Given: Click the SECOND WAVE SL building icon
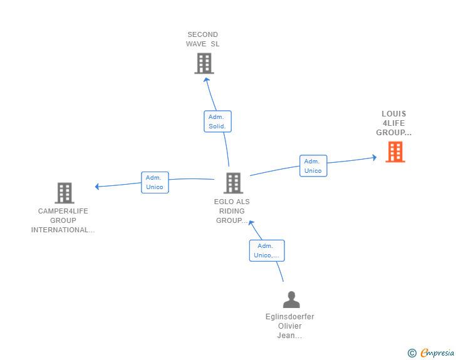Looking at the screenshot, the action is point(204,63).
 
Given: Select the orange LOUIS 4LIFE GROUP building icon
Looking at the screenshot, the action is point(395,152).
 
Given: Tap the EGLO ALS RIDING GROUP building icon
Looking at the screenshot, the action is point(233,183).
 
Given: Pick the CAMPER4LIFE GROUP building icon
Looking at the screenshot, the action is point(65,193).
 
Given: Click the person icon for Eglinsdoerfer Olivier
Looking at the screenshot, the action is point(291,299).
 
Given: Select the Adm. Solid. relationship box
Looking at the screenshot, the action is point(217,121).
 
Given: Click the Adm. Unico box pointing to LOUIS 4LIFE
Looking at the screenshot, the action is point(313,166).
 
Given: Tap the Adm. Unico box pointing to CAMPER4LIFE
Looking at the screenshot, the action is point(155,182).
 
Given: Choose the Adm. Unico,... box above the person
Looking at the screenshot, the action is point(267,250).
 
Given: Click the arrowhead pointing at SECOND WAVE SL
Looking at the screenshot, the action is point(206,80).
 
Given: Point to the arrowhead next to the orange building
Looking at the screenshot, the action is point(375,157).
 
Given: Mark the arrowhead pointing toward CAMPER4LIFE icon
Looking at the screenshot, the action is point(97,187).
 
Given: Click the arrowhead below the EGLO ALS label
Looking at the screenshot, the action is point(251,223).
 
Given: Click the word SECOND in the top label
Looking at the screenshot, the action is point(203,34).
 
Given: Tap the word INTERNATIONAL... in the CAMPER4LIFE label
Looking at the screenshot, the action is point(63,230).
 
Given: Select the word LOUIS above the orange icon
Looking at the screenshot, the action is point(394,114).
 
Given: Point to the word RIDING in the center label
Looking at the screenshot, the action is point(232,211).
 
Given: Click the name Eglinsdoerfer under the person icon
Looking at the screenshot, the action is point(289,317).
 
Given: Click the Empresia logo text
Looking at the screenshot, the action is point(437,353).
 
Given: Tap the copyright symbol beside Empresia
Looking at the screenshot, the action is point(412,353).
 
